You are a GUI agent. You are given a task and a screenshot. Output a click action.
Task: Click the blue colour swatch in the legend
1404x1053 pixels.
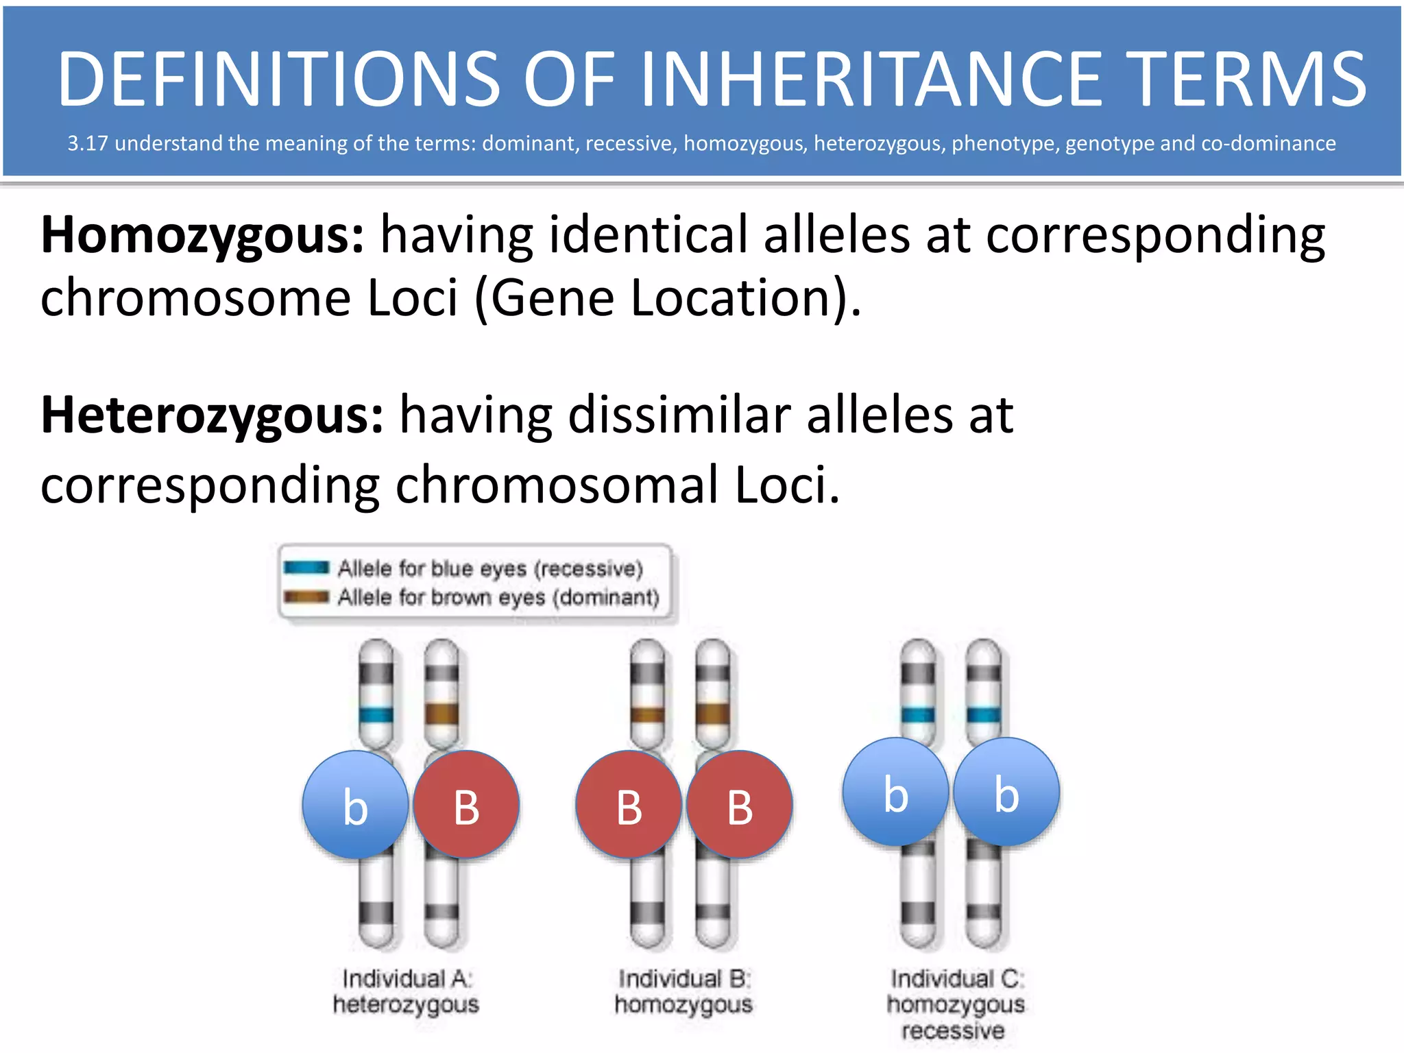[x=306, y=568]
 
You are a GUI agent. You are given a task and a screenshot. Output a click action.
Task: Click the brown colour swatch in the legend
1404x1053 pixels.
[x=306, y=596]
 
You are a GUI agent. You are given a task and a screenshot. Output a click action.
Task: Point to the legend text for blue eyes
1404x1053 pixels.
[x=490, y=568]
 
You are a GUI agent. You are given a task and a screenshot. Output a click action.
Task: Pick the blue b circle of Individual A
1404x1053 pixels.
[x=355, y=806]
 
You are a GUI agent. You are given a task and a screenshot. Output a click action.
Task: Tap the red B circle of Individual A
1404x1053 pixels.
[x=466, y=806]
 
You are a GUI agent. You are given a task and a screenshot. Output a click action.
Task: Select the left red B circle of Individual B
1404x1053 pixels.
[x=629, y=806]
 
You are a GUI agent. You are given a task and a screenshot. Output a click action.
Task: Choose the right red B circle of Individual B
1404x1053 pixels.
[x=740, y=806]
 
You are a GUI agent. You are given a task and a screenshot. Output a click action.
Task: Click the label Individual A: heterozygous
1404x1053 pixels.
[x=407, y=991]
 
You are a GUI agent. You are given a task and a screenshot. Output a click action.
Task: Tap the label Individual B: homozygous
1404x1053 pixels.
[x=683, y=991]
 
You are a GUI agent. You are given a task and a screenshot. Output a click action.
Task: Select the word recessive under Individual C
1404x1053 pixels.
[x=954, y=1030]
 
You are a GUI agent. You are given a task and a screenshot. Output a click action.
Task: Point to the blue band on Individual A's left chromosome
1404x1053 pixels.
[x=376, y=715]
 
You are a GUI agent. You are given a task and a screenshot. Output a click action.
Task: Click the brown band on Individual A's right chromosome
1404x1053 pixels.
[x=441, y=714]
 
